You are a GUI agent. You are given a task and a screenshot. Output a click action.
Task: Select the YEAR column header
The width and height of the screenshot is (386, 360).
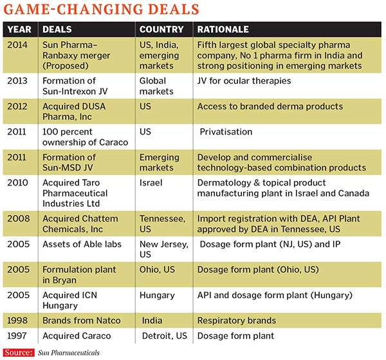click(x=20, y=30)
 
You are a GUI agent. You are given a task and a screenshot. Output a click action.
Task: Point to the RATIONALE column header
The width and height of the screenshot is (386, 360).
click(x=223, y=30)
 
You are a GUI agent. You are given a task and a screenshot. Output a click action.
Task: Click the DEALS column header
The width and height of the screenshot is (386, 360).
click(x=59, y=30)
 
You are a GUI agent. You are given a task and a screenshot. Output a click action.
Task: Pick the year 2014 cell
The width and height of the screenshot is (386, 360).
click(x=20, y=44)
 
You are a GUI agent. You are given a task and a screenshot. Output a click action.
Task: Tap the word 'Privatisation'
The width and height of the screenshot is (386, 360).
click(x=226, y=131)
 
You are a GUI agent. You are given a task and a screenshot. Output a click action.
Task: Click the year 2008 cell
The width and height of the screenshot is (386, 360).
click(x=20, y=218)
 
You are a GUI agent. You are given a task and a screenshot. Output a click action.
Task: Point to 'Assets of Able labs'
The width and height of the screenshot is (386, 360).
click(x=82, y=243)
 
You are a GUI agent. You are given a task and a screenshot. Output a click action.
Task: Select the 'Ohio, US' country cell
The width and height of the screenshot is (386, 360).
click(x=158, y=269)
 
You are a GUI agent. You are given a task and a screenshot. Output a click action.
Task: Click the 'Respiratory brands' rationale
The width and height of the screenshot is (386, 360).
click(x=236, y=321)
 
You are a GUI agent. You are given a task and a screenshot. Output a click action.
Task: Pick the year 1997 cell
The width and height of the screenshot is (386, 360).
click(x=20, y=336)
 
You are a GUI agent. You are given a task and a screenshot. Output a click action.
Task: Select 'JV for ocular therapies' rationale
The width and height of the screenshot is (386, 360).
click(x=244, y=81)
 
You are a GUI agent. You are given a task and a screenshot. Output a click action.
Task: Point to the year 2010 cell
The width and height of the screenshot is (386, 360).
click(x=20, y=182)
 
